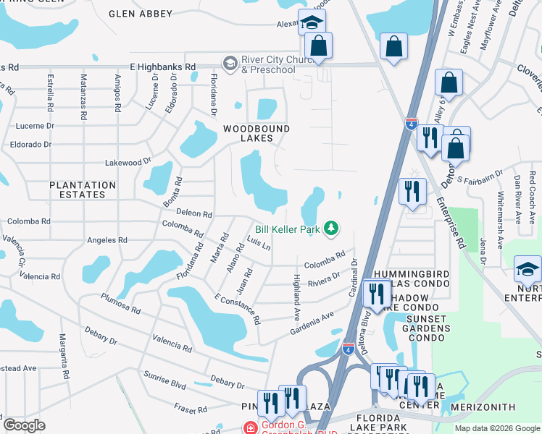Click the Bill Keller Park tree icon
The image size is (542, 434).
pos(331,229)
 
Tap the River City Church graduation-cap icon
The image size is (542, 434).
pos(230,63)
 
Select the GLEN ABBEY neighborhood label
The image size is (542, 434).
pos(141,14)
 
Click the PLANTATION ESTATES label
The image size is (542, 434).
pos(83,190)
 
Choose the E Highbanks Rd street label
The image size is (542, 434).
pos(163,67)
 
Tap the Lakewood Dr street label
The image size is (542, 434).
pos(128,163)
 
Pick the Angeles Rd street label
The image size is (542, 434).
pos(107,240)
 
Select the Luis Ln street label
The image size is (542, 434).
pos(258,243)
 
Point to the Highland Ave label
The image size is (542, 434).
pos(296,297)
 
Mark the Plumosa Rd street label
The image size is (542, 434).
pos(120,302)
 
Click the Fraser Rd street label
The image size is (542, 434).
pos(191,410)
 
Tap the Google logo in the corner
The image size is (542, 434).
pos(24,425)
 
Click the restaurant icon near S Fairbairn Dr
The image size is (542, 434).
pos(412,191)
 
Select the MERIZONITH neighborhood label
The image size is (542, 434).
pos(483,408)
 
